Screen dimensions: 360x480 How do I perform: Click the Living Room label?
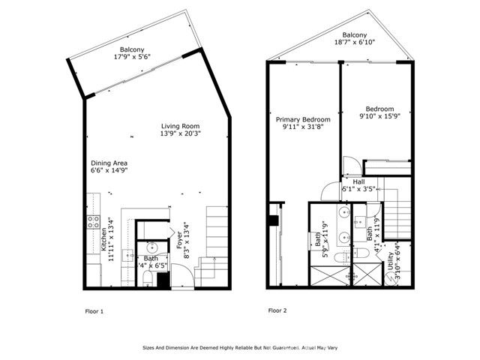(x=181, y=125)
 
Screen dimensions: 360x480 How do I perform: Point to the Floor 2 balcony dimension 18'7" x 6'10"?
(x=354, y=43)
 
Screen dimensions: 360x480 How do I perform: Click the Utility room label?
(x=392, y=263)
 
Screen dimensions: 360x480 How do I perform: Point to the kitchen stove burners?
(x=94, y=221)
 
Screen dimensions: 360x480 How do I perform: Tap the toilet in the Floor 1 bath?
(x=148, y=279)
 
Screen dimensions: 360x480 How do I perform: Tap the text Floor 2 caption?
(x=277, y=310)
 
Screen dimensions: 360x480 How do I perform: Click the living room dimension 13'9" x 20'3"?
(x=181, y=133)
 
